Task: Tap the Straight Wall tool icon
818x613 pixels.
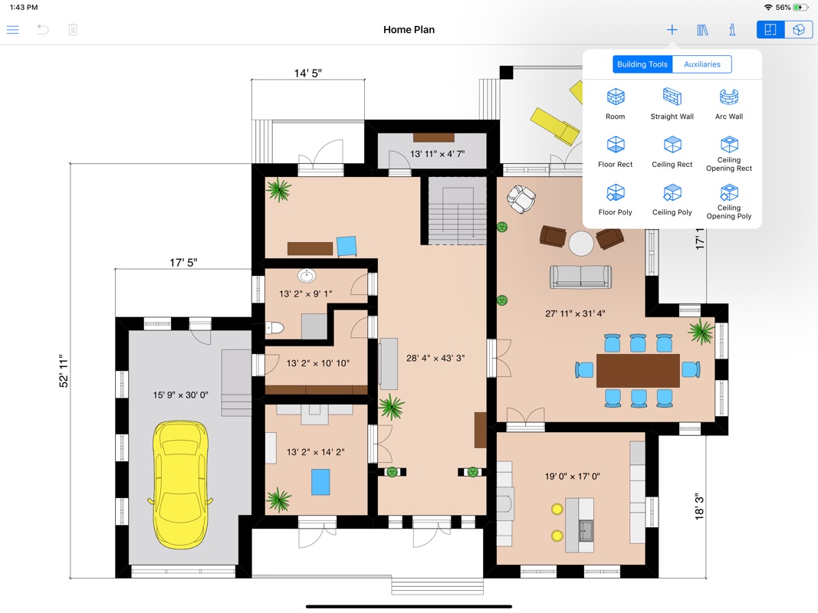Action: [x=672, y=97]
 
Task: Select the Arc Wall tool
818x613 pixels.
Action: [x=729, y=97]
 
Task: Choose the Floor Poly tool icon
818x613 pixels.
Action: [x=616, y=193]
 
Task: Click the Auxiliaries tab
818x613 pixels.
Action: [x=701, y=64]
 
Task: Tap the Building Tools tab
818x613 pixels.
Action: [x=642, y=64]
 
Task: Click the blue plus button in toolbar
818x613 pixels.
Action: [x=672, y=30]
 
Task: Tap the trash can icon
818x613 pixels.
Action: [x=73, y=30]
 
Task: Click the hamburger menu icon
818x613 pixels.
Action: [x=13, y=30]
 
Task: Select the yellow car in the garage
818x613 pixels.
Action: [x=180, y=485]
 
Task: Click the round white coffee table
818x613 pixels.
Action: [x=581, y=244]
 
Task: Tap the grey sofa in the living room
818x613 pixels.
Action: [x=580, y=277]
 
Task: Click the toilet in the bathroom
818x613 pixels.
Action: [x=274, y=327]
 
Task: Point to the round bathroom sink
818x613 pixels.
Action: [x=307, y=275]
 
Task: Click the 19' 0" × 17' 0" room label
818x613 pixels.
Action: [x=572, y=477]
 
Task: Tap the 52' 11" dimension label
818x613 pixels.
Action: [x=64, y=371]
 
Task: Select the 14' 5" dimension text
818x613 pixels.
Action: [x=307, y=74]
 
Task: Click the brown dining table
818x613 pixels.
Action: [x=638, y=371]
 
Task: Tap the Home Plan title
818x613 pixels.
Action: [x=409, y=30]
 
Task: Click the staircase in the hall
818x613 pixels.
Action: [x=454, y=211]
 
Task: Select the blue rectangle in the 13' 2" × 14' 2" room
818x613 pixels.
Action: [x=320, y=482]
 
